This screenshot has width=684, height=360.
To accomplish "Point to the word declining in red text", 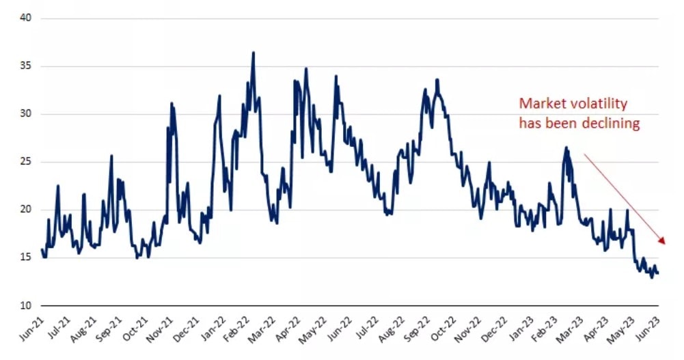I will click(x=608, y=123).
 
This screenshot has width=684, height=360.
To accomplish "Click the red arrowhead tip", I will click(x=665, y=243).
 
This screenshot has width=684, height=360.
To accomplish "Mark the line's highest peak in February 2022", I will click(x=254, y=53).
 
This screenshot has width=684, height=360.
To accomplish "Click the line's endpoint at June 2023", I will click(x=657, y=273).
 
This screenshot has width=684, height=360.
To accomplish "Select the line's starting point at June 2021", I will click(x=42, y=250).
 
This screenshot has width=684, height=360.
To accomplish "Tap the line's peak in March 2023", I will click(x=566, y=148).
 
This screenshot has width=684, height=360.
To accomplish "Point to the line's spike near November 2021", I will click(x=172, y=104).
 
